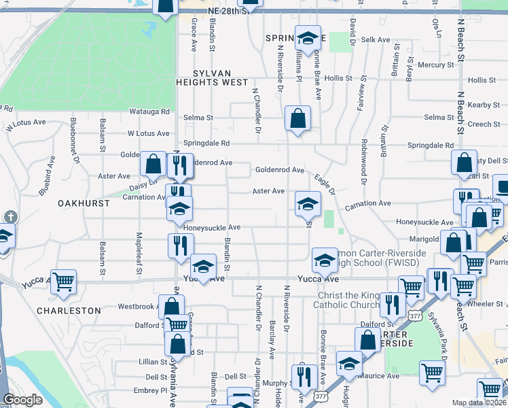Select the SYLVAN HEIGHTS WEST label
[x=212, y=78]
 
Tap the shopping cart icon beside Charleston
[x=63, y=280]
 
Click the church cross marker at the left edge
[x=10, y=216]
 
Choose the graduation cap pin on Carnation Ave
[x=308, y=203]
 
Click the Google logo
[x=22, y=399]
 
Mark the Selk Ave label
[x=376, y=40]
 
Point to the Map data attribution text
[x=479, y=403]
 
